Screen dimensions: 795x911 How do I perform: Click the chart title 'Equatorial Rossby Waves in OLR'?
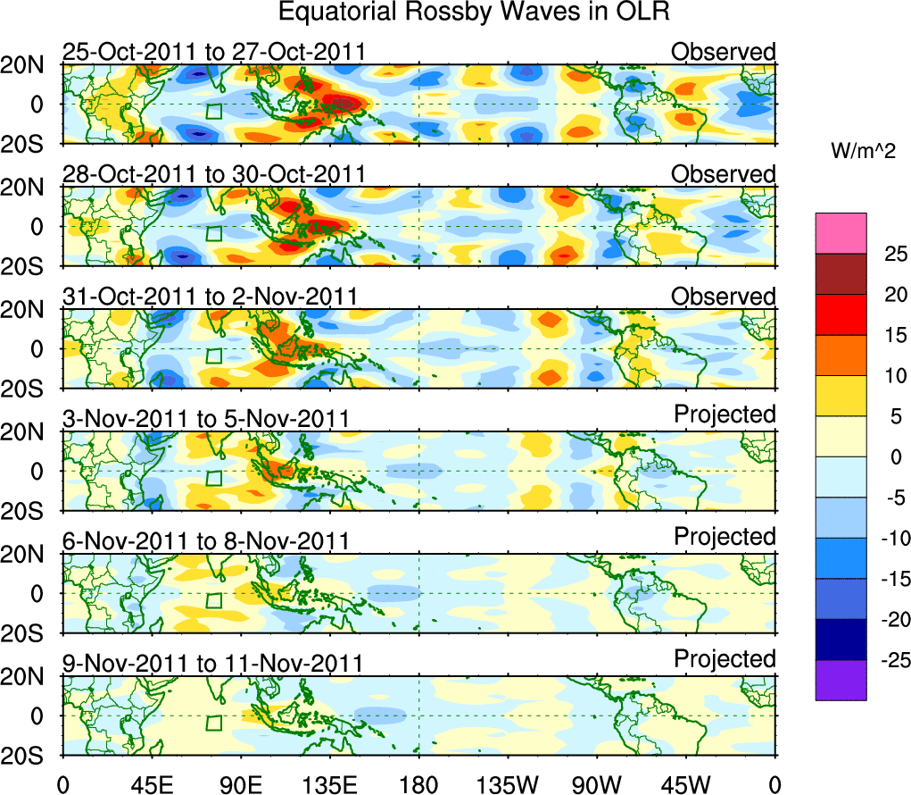point(474,13)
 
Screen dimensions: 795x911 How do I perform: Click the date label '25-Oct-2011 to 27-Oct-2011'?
point(214,52)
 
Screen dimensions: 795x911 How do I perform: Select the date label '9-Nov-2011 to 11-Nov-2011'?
point(212,664)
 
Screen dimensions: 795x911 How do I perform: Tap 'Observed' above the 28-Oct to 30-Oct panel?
point(724,174)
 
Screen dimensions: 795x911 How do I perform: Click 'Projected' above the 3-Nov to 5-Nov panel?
point(725,414)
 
